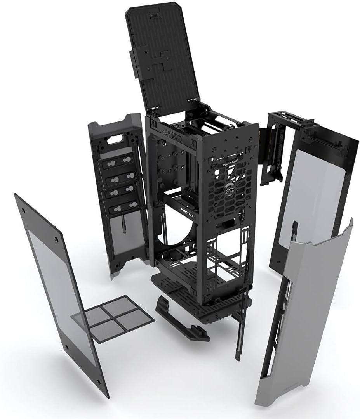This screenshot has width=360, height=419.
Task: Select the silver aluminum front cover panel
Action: click(307, 310)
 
